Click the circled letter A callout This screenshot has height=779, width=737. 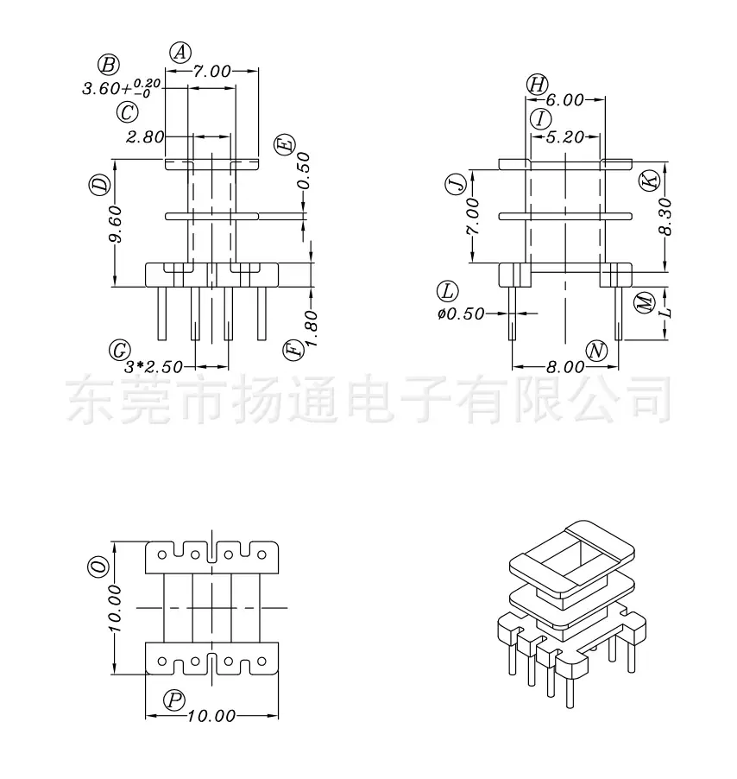tap(180, 52)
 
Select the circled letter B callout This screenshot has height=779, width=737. tap(109, 65)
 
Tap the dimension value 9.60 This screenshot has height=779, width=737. tap(115, 224)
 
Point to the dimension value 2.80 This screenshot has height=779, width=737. tap(144, 136)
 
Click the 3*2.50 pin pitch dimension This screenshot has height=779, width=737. tap(154, 367)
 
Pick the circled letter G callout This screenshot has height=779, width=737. tap(119, 351)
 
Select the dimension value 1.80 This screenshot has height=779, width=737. tap(311, 328)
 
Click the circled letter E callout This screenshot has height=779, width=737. tap(285, 146)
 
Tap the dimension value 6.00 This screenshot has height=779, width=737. tap(564, 100)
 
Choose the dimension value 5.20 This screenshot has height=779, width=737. tap(564, 137)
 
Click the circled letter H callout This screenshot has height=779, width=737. tap(537, 85)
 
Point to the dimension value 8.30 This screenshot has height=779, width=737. tap(665, 216)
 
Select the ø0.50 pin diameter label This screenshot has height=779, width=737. tap(461, 314)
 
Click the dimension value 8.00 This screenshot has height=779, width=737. tap(565, 367)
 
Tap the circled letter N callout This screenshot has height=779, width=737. tap(596, 351)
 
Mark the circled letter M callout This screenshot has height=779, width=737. tap(646, 302)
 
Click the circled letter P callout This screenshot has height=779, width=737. tap(174, 700)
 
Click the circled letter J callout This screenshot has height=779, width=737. tap(457, 183)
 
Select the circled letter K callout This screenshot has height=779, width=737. tap(648, 180)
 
